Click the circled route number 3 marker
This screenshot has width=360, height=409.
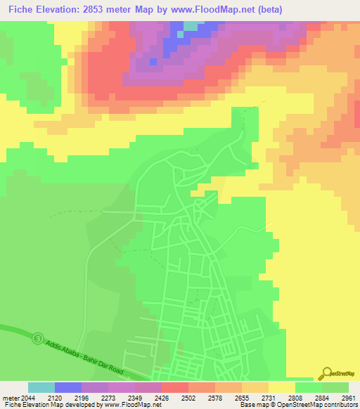pos(37,339)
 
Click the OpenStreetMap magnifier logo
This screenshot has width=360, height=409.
pos(328,373)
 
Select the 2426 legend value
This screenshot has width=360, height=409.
pos(162,397)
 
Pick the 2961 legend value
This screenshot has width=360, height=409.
pos(348,397)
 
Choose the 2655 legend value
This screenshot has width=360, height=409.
pos(241,397)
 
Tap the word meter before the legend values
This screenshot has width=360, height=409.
pos(10,397)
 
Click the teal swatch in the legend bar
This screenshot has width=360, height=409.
pos(41,387)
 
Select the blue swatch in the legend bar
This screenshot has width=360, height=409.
pos(68,387)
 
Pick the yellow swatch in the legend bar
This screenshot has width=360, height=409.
pos(281,387)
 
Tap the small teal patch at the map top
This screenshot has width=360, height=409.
pos(190,28)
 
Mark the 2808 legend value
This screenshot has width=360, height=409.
pos(295,397)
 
